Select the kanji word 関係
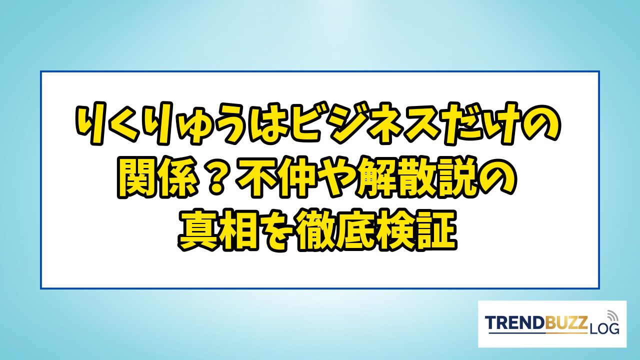coord(157,178)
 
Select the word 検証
coord(417,231)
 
